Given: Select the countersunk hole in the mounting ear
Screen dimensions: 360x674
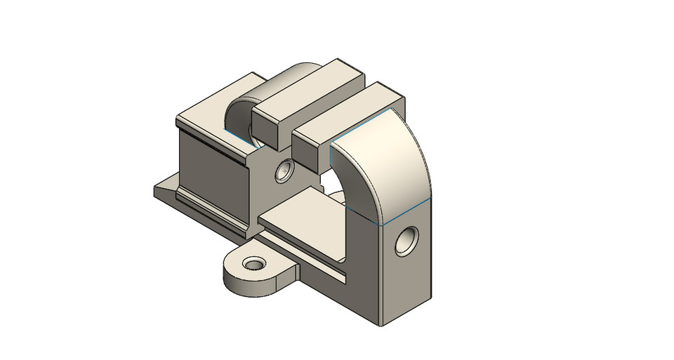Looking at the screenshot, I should coord(253,265).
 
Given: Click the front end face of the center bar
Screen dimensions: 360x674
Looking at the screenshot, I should coord(270,129).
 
